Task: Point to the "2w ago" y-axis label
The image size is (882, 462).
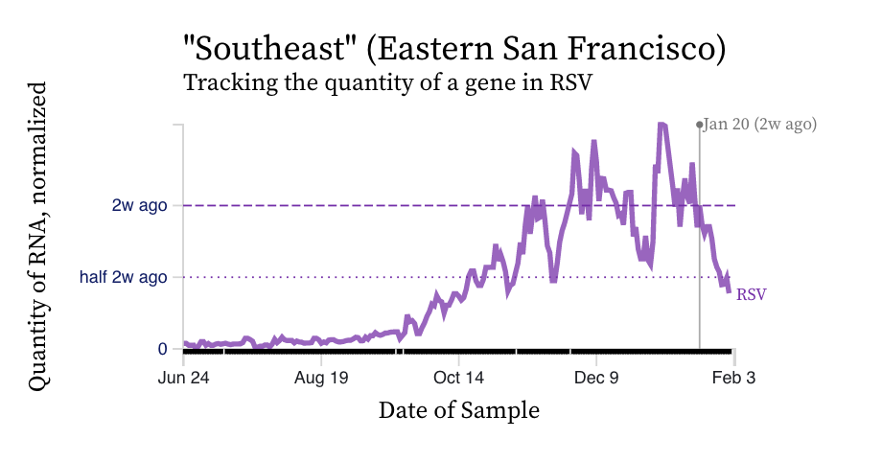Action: [141, 205]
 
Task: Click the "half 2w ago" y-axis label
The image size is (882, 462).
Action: [124, 277]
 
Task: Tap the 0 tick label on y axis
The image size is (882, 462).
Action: [163, 349]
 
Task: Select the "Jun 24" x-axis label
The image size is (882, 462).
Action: [183, 378]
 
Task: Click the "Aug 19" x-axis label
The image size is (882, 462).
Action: [321, 378]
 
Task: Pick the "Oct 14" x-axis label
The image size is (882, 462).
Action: [458, 378]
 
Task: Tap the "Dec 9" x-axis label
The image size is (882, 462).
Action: [596, 378]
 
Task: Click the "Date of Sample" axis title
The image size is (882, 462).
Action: [458, 410]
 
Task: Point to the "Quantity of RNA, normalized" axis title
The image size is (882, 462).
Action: [37, 235]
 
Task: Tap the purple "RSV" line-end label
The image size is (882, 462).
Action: [751, 294]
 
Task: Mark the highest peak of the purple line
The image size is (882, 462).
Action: [661, 125]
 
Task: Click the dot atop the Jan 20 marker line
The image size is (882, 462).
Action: [700, 125]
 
